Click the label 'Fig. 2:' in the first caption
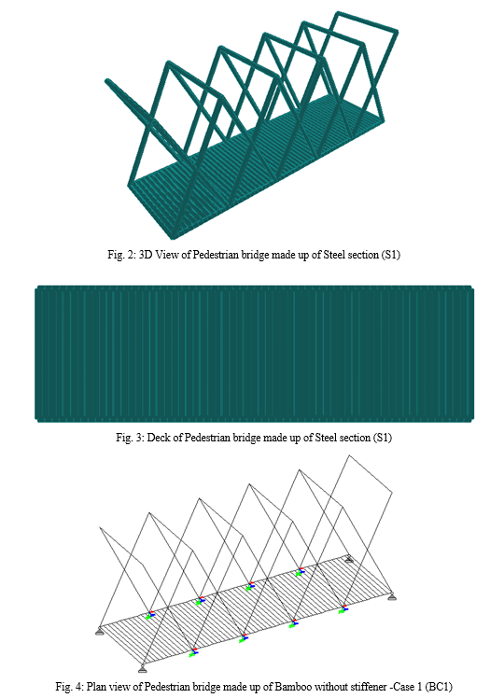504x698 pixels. click(x=121, y=255)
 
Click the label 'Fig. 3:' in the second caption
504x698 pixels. click(x=130, y=438)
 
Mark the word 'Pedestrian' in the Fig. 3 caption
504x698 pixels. click(x=207, y=438)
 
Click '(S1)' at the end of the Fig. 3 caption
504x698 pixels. click(x=382, y=438)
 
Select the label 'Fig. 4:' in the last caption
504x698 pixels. click(x=69, y=686)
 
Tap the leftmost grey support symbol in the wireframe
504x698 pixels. click(x=99, y=631)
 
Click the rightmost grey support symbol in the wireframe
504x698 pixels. click(x=391, y=596)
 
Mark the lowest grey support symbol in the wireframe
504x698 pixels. click(x=142, y=669)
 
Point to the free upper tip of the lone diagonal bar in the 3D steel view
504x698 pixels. click(x=107, y=81)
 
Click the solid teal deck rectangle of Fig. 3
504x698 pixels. click(x=254, y=354)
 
